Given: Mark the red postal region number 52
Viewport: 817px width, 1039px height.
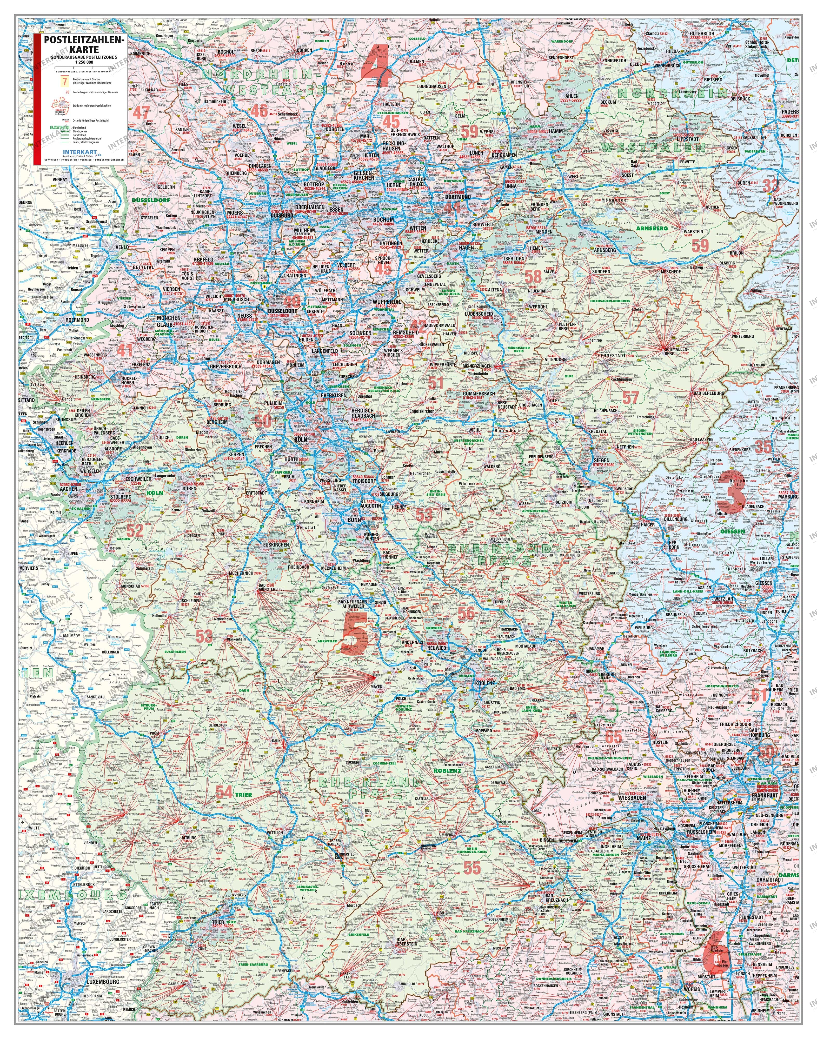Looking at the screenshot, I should click(135, 530).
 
